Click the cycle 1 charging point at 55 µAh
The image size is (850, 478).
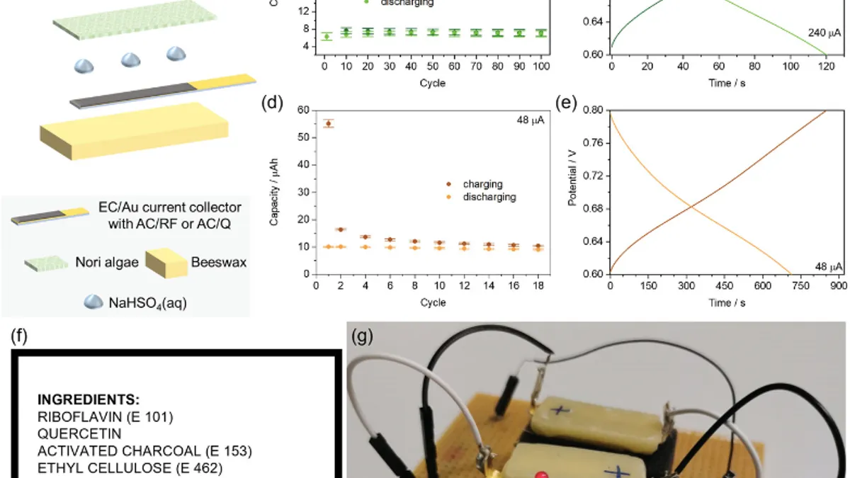pos(328,123)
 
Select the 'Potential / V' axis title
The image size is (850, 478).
pos(573,192)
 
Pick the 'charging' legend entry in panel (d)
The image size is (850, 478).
pos(482,185)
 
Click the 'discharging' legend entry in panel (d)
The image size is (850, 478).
pos(489,197)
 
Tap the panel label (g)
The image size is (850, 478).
pos(362,338)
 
